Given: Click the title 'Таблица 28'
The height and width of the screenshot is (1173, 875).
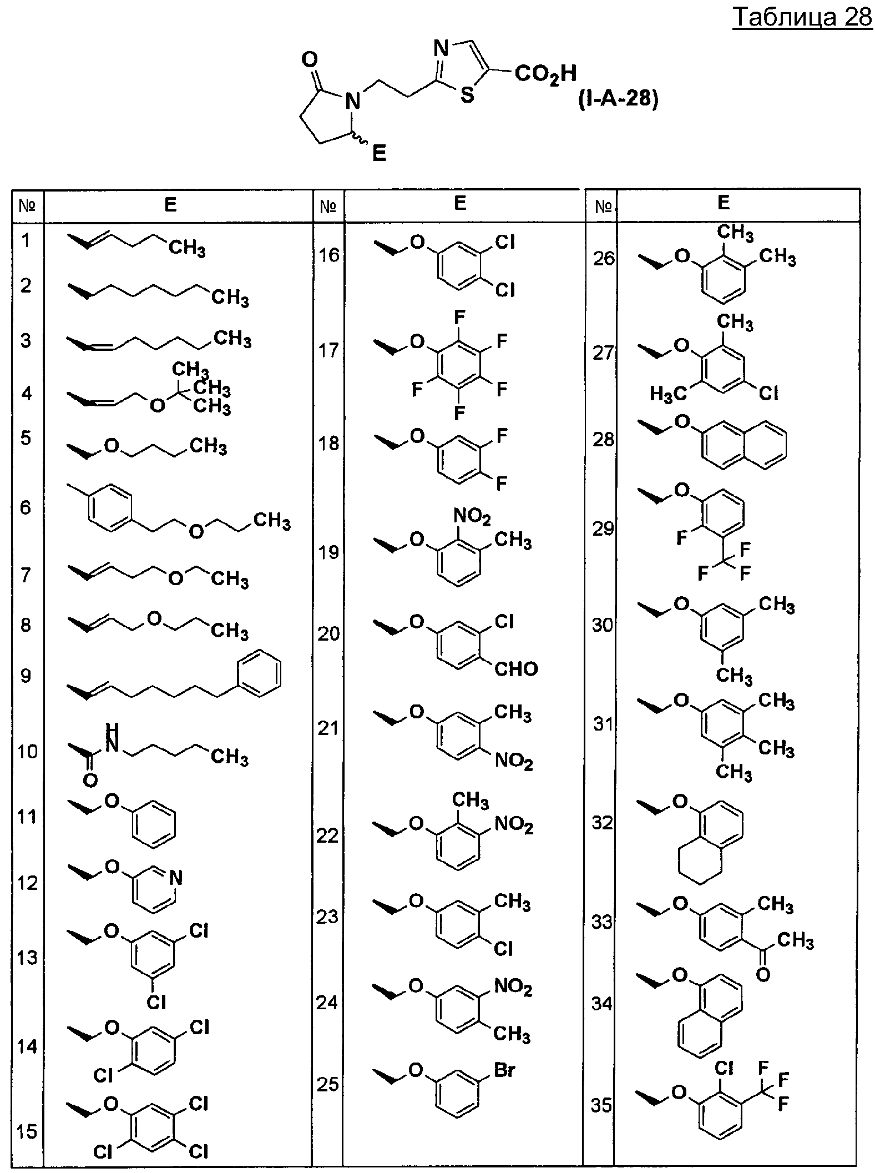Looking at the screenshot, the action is (x=802, y=17).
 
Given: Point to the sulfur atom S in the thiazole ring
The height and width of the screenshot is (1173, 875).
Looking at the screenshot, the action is (x=468, y=95).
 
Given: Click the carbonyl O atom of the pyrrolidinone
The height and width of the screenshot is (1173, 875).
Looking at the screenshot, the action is (x=311, y=58).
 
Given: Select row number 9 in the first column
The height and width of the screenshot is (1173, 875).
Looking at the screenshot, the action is (x=26, y=676).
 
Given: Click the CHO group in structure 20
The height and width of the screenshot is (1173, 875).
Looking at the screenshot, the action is (x=515, y=668).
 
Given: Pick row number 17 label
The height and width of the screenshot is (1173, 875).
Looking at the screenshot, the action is (x=328, y=350).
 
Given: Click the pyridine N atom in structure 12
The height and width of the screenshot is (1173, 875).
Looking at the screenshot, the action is (x=176, y=877).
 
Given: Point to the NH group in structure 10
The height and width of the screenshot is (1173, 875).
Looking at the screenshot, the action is (x=112, y=738).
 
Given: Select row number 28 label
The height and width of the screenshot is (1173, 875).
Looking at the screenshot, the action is (x=604, y=439).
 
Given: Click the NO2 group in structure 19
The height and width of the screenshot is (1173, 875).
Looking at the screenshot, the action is (x=472, y=517).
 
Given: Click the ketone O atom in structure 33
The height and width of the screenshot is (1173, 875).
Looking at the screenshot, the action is (x=763, y=974).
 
